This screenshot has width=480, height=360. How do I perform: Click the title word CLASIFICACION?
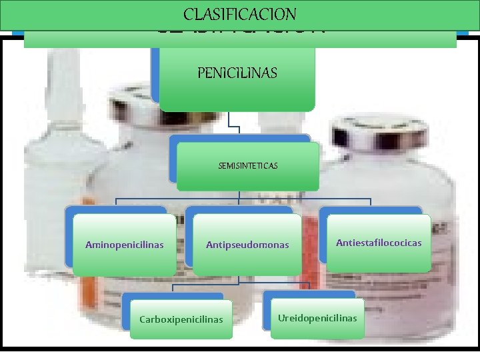(240, 14)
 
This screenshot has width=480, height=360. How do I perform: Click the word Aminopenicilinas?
(124, 245)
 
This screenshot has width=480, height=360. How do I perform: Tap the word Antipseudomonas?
(247, 245)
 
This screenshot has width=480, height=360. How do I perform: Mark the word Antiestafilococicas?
(379, 243)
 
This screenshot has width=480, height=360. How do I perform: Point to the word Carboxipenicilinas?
(181, 319)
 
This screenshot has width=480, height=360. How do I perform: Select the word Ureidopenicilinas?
(317, 317)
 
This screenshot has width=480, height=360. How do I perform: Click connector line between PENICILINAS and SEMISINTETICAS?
(229, 123)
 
